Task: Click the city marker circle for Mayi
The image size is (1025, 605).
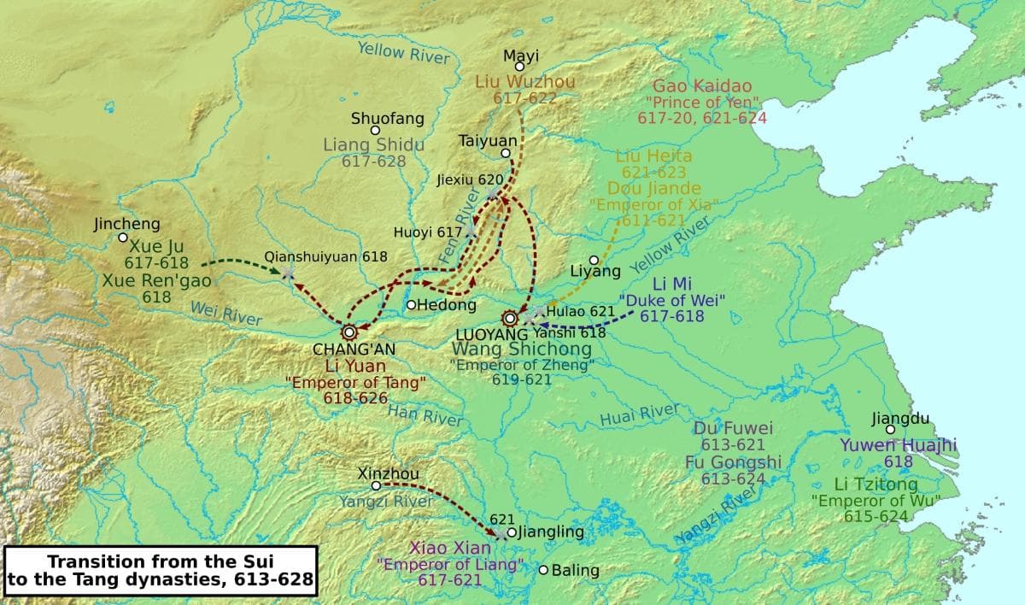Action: pos(518,67)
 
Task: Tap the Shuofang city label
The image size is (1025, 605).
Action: pos(387,119)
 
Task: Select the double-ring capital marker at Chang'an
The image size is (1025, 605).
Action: pos(348,332)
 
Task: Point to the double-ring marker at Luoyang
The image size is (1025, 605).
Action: pos(510,318)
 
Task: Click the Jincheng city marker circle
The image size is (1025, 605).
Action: pos(123,238)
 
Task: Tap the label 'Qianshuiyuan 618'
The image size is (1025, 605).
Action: pos(325,256)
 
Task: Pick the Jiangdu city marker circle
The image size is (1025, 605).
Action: pos(890,430)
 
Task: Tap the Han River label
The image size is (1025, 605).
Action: pos(425,415)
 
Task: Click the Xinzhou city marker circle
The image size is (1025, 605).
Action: pos(375,485)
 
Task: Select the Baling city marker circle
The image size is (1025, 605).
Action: pos(543,570)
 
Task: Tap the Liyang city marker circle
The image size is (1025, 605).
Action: pos(594,260)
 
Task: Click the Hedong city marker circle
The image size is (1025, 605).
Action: pos(411,304)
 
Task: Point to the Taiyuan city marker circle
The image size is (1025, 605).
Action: pos(506,154)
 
